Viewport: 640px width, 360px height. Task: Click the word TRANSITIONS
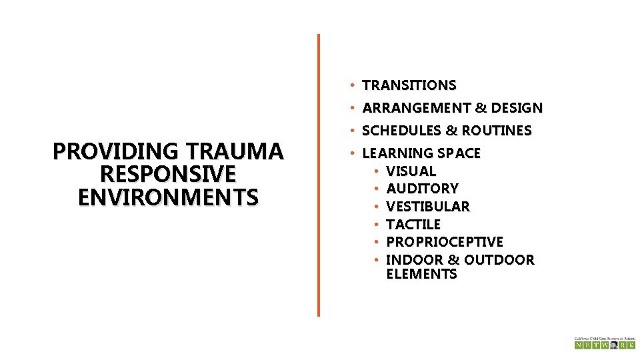coord(409,85)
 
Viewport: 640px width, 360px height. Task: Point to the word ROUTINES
coord(500,131)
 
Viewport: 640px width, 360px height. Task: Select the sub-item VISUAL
coord(411,171)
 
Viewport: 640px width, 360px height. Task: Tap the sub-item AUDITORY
coord(422,189)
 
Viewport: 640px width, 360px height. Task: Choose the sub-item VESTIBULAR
coord(428,207)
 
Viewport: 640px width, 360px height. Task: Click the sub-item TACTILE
coord(413,225)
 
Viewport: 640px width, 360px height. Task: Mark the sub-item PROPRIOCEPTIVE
coord(445,241)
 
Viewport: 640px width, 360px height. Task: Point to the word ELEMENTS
coord(421,274)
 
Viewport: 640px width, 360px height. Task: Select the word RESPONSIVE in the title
coord(167,175)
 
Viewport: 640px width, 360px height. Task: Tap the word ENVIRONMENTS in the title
coord(167,197)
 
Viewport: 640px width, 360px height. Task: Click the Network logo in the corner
coord(605,343)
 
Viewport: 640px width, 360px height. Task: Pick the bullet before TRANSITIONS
coord(350,85)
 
